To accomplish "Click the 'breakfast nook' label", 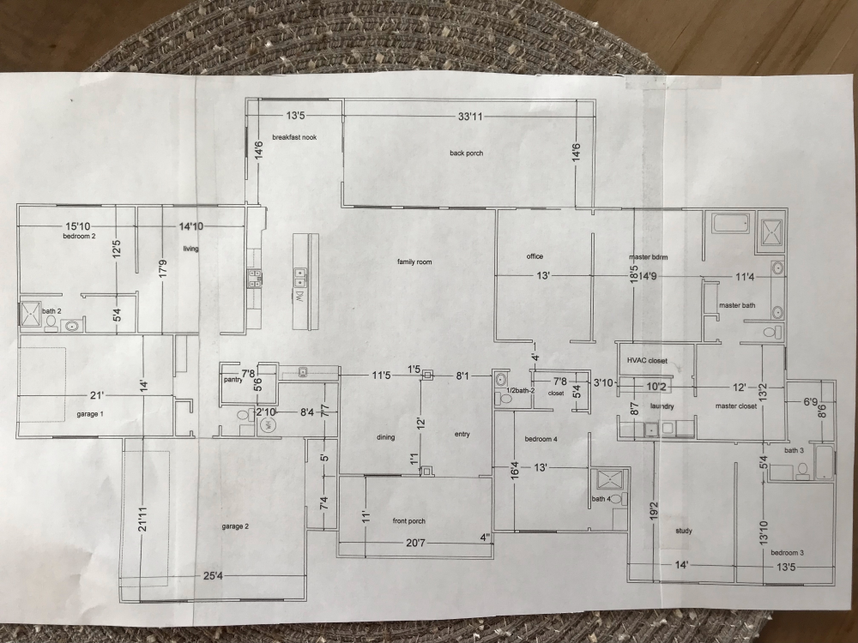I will coord(294,137).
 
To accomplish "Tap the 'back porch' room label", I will coord(466,153).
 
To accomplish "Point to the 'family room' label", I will coord(414,261).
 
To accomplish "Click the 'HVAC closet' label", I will coord(648,361).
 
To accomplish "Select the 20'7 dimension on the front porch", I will coord(414,543).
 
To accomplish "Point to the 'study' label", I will coord(684,531).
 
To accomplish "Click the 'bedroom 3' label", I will coord(787,553).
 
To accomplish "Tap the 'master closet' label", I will coord(735,406).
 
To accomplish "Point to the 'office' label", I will coord(535,256).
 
